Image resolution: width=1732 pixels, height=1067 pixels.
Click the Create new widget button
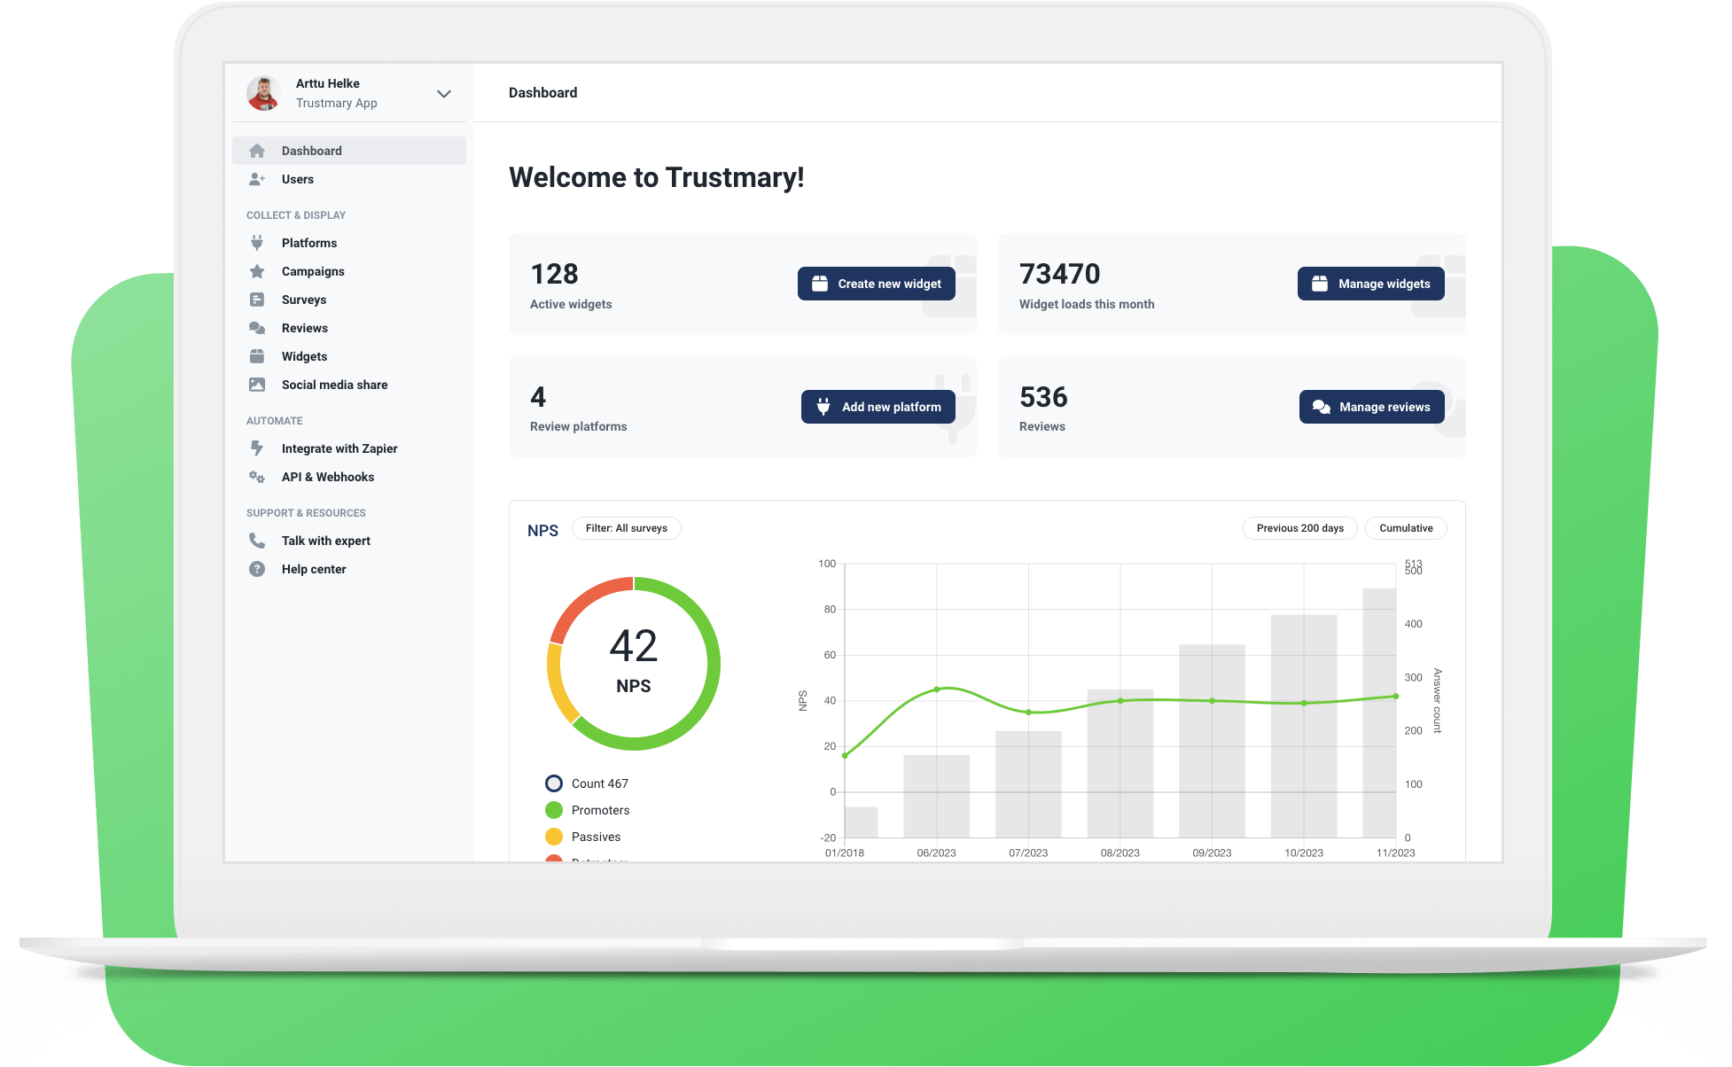click(x=876, y=284)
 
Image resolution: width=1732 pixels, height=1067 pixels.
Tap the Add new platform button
click(x=878, y=407)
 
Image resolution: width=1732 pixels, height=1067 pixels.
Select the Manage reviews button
click(x=1371, y=407)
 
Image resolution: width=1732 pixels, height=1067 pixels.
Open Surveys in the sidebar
click(x=303, y=300)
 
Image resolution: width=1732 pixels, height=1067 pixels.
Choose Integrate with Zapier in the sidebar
click(x=339, y=448)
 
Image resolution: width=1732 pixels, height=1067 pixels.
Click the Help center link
click(x=313, y=569)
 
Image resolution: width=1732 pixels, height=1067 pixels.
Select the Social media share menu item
click(x=334, y=385)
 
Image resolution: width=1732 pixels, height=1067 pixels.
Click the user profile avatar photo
click(x=263, y=93)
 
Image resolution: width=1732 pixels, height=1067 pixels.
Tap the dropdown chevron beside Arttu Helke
click(x=444, y=94)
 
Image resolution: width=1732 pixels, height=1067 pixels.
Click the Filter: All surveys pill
click(x=626, y=528)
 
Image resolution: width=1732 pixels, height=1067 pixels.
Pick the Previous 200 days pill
click(x=1299, y=528)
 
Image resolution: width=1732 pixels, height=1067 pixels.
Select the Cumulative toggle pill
click(x=1405, y=528)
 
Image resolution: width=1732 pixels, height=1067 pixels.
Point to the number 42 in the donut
click(x=633, y=646)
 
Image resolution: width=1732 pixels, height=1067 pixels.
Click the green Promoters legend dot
click(x=554, y=810)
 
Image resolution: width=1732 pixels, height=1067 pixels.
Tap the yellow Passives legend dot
click(x=554, y=837)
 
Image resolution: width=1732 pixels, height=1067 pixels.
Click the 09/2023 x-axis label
click(x=1212, y=853)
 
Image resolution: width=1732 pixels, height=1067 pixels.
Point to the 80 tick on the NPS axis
click(x=830, y=610)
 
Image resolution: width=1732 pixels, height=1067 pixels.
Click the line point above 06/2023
click(x=937, y=689)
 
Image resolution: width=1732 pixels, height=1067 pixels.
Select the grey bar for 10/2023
click(x=1303, y=727)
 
